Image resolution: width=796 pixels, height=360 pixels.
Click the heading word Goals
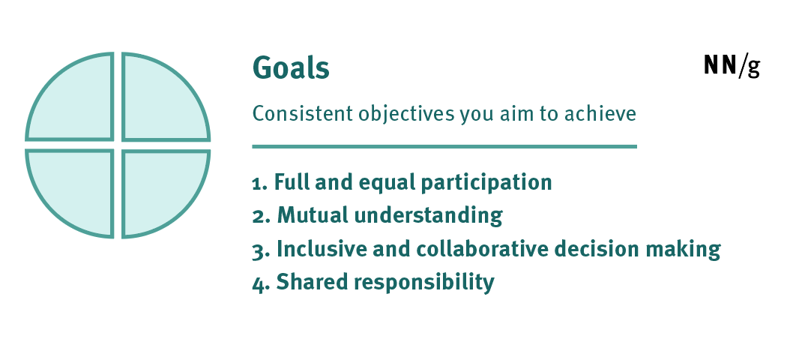click(x=291, y=67)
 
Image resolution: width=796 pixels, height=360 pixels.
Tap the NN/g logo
click(x=732, y=65)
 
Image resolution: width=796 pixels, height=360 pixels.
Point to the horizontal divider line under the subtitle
click(x=444, y=147)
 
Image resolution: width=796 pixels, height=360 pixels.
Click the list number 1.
click(x=260, y=183)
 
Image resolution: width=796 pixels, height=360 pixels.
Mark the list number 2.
click(x=262, y=216)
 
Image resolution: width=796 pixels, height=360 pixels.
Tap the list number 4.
click(x=262, y=283)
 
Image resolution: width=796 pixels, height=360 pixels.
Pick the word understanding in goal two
click(x=428, y=216)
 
